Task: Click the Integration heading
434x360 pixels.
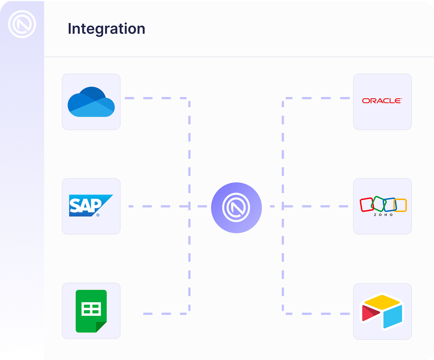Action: tap(107, 29)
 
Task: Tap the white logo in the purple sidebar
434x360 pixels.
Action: tap(22, 24)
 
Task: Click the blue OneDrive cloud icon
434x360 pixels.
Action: tap(91, 102)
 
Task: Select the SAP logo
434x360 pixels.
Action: tap(91, 205)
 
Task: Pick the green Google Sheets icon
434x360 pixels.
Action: tap(91, 311)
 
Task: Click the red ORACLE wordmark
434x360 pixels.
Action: tap(382, 101)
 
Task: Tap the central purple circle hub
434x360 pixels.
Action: tap(236, 207)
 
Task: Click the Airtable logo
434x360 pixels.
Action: tap(382, 311)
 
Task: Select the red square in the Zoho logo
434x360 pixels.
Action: tap(367, 205)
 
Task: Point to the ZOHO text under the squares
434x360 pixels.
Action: tap(383, 215)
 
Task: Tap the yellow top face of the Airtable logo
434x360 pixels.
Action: tap(382, 301)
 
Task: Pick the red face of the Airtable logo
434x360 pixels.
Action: tap(370, 313)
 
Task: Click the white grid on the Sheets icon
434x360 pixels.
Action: tap(91, 309)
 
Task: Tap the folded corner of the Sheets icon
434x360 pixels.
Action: tap(101, 327)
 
